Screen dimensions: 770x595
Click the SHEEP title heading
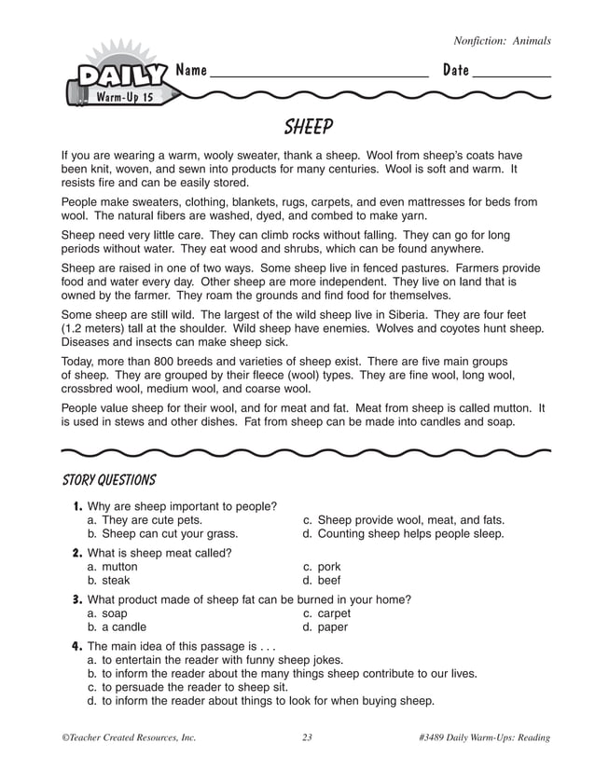tap(308, 126)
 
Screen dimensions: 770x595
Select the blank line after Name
tap(319, 75)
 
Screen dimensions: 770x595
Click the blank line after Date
tap(511, 75)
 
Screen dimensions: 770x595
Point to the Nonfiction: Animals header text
tap(502, 41)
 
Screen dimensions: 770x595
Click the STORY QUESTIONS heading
tap(108, 480)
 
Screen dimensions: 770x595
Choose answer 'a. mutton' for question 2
tap(112, 567)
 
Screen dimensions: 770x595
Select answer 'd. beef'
tap(323, 580)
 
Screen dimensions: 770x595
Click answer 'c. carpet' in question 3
tap(327, 613)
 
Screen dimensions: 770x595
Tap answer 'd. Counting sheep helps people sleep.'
tap(404, 534)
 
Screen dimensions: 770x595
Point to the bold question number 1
tap(77, 506)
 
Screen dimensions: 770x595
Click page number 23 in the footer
tap(307, 738)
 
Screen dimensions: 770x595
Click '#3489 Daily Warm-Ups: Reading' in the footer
tap(485, 738)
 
